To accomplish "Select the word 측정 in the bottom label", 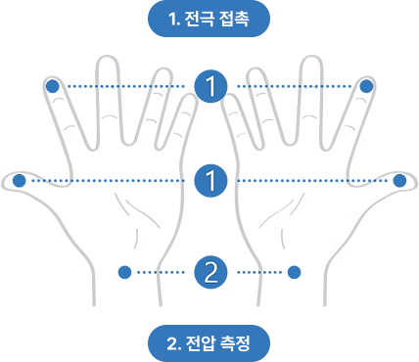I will (230, 343).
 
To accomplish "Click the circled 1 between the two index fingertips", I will (209, 86).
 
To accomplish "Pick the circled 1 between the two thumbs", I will (209, 180).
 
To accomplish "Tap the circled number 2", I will (209, 271).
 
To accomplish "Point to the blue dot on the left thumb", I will (19, 180).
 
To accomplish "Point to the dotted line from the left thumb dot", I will (108, 180).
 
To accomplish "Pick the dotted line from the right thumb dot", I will (313, 180).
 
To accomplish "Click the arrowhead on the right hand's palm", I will (299, 203).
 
